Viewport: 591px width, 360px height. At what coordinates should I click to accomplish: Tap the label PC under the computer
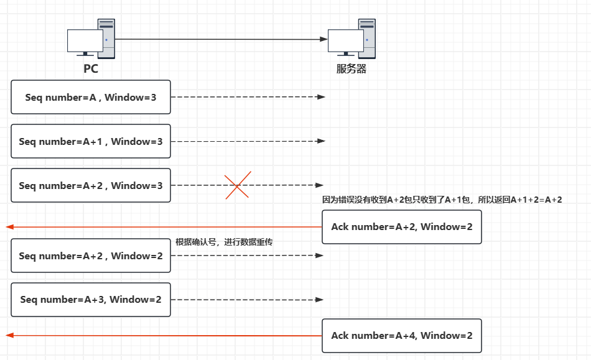(x=91, y=68)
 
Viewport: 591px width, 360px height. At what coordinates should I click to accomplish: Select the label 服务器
(x=351, y=68)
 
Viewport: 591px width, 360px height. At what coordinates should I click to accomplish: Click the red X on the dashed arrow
(x=238, y=185)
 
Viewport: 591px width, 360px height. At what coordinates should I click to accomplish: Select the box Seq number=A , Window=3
(x=91, y=97)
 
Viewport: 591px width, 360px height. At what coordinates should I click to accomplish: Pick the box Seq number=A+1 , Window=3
(x=91, y=142)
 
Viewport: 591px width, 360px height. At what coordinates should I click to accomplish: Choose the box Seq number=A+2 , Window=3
(x=91, y=185)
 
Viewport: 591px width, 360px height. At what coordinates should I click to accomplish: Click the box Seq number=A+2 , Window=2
(x=91, y=256)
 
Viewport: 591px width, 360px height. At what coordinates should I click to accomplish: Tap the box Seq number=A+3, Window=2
(x=91, y=299)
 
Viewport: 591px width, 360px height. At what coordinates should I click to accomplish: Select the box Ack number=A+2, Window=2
(x=401, y=227)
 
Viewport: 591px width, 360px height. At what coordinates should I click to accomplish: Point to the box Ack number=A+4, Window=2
(x=401, y=336)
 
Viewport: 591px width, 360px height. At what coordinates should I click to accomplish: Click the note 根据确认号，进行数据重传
(x=224, y=242)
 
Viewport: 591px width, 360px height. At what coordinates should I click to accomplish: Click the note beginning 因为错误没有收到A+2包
(x=442, y=200)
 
